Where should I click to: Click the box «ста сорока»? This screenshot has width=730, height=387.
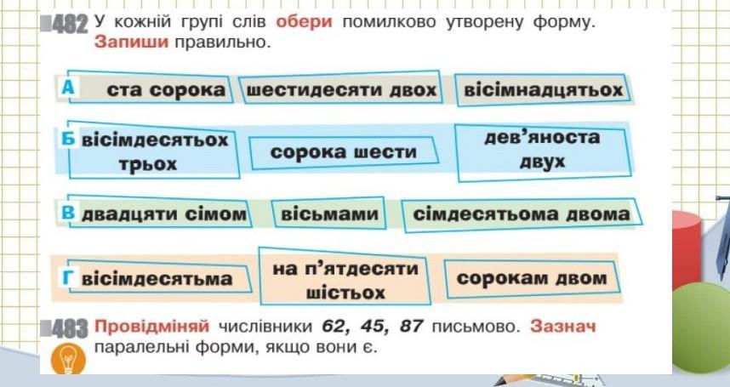coord(165,89)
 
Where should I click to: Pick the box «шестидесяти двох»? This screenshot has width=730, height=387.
coord(340,89)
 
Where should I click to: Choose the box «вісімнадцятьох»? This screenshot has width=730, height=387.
coord(542,89)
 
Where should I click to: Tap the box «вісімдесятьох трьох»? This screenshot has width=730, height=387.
coord(154,151)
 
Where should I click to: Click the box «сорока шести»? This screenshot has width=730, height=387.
coord(344,151)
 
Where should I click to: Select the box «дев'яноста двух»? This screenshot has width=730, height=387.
coord(542,149)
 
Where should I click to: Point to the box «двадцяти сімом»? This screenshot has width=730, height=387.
coord(163,213)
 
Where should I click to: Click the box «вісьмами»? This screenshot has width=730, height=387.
coord(329,214)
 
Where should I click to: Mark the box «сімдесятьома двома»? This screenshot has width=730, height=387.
coord(522,214)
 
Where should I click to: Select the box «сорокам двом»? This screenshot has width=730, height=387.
coord(532,278)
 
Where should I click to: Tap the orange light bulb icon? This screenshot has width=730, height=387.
coord(69,358)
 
